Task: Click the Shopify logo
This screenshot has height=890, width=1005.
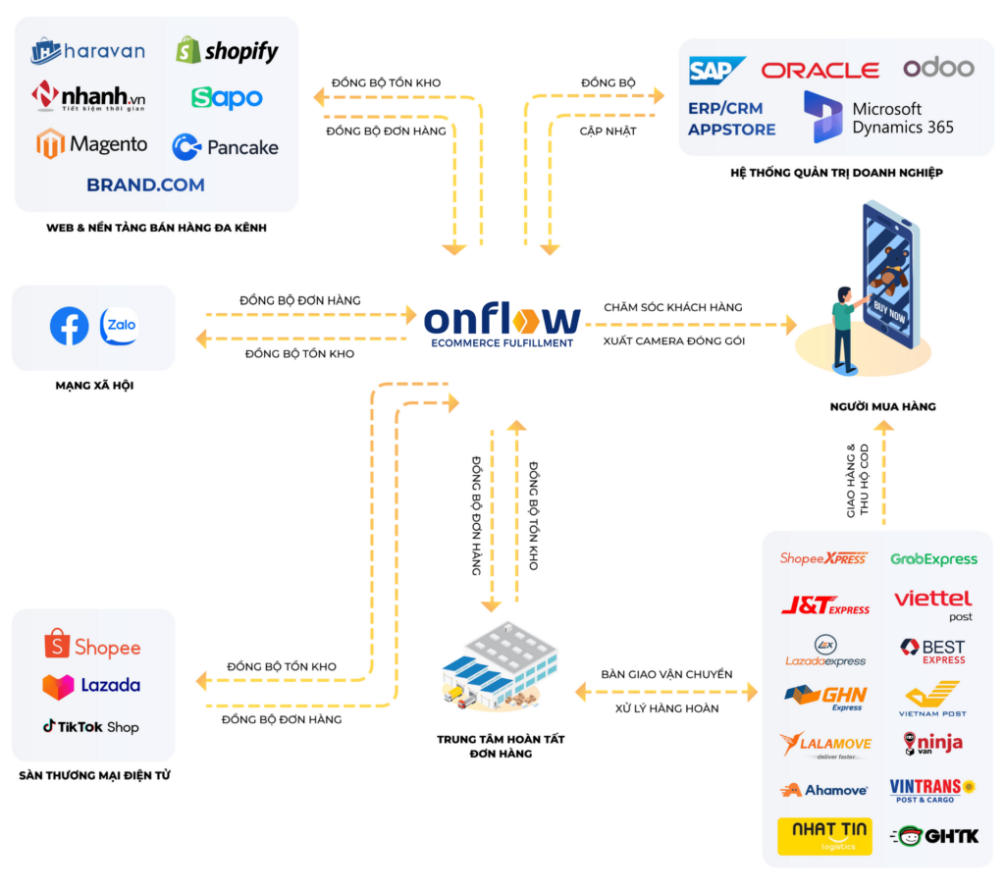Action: click(x=227, y=50)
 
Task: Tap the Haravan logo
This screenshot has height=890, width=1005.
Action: click(x=88, y=50)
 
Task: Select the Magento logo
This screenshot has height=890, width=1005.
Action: click(x=91, y=144)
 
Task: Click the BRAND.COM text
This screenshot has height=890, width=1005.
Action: click(x=145, y=184)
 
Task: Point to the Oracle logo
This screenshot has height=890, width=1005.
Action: click(x=820, y=70)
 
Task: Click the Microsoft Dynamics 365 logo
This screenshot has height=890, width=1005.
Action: click(x=877, y=118)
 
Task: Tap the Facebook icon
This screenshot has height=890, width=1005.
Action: click(x=70, y=326)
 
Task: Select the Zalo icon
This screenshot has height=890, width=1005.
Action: click(x=120, y=326)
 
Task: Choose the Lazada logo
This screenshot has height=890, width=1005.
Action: click(x=91, y=686)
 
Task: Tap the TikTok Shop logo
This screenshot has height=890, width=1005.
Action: click(x=90, y=727)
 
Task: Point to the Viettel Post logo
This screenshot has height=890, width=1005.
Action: click(x=932, y=603)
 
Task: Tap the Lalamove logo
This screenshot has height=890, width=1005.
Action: click(x=825, y=745)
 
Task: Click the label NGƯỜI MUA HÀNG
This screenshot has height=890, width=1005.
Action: click(x=882, y=406)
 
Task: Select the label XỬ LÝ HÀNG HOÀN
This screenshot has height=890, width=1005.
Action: click(x=666, y=707)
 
